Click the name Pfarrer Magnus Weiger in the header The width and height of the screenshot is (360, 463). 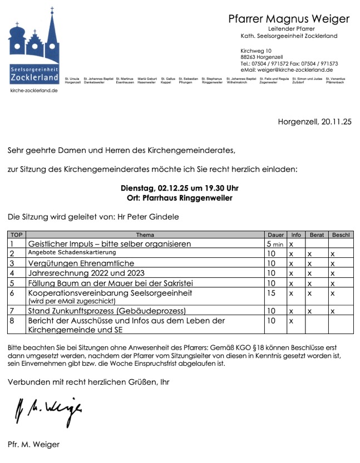coord(289,19)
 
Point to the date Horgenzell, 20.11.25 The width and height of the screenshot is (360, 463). coord(314,122)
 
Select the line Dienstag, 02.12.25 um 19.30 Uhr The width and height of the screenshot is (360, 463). coord(180,188)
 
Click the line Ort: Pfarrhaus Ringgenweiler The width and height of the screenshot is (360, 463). coord(180,197)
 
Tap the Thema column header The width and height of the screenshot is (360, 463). coord(145,235)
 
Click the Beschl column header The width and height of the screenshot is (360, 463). coord(341,235)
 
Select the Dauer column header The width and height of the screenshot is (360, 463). coord(275,235)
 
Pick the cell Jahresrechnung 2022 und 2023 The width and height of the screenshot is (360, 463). coord(86,273)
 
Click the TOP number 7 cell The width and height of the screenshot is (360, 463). coord(12,310)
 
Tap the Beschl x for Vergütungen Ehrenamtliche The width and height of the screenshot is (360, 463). coord(333,263)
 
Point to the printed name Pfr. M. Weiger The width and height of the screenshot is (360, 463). coord(33,444)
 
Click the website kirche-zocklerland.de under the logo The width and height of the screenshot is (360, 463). coord(33,90)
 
